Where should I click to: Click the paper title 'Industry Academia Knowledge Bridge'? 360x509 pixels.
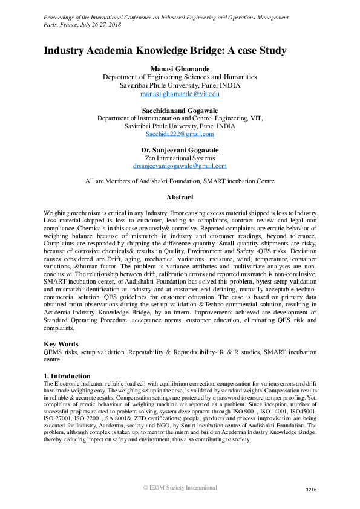165,51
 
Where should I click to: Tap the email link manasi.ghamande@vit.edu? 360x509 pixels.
180,94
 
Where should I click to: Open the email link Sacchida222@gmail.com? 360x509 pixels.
180,134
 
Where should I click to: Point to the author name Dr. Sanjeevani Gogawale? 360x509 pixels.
180,149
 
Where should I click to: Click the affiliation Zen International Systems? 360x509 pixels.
180,158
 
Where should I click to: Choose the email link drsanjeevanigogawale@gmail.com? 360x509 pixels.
180,166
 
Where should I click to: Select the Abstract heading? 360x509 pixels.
180,197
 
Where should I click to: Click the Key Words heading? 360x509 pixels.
62,343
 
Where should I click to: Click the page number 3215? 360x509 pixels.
310,490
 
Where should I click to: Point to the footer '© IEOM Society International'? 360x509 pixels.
180,487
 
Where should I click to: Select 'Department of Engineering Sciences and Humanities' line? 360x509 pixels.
180,77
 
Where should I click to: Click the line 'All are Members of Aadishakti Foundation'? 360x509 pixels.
180,181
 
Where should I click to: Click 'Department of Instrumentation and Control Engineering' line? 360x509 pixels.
180,119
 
